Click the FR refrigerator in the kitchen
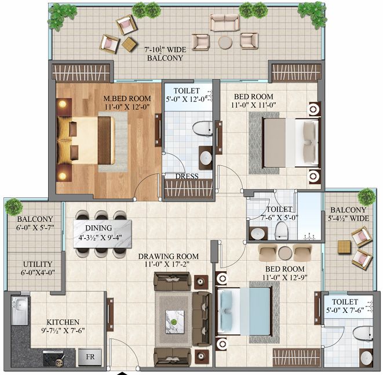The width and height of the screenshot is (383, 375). point(90,357)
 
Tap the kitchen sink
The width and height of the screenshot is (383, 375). point(19,310)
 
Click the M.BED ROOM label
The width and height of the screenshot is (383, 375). point(127,99)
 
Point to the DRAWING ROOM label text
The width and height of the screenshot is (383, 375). point(168,256)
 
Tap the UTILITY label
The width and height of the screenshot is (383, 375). point(38,264)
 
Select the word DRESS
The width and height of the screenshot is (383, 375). point(187,176)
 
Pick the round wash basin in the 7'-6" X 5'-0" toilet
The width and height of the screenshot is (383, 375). point(257,233)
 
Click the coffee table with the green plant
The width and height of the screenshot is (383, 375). point(174,322)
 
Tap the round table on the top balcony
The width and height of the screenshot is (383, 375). point(225,43)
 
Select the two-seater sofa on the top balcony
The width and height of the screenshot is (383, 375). point(224,23)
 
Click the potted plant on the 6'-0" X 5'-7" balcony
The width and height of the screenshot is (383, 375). point(14,207)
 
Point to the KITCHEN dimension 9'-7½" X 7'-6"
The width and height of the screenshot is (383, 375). point(63,330)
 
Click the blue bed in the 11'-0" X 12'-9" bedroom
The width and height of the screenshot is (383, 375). point(244,311)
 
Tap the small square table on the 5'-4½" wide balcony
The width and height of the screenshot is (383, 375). point(344,247)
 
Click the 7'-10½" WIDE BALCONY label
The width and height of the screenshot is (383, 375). point(165,53)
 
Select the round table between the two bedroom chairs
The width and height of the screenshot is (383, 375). point(285,253)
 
